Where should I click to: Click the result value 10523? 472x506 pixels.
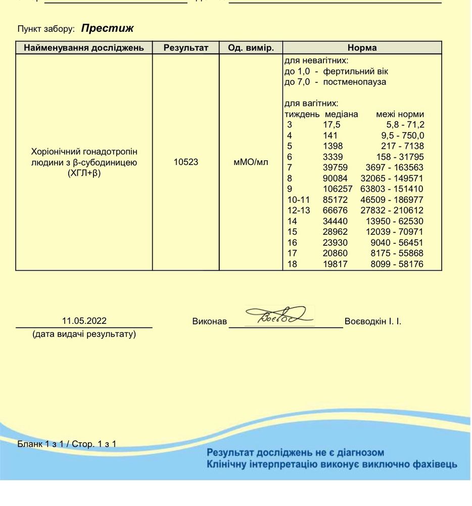185,162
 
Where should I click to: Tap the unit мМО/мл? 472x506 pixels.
251,162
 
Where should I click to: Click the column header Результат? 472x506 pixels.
185,48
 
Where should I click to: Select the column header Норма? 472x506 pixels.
362,48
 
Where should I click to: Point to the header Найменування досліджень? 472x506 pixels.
84,48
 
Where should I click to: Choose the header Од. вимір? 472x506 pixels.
251,48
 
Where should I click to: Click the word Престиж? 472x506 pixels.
107,28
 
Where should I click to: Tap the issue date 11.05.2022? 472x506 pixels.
84,321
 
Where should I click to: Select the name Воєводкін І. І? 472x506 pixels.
372,321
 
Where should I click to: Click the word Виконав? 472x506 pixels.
209,321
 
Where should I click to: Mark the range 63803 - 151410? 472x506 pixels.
392,189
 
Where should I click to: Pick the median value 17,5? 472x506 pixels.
332,125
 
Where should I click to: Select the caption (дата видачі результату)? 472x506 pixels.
84,334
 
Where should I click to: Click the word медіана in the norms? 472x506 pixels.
341,114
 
